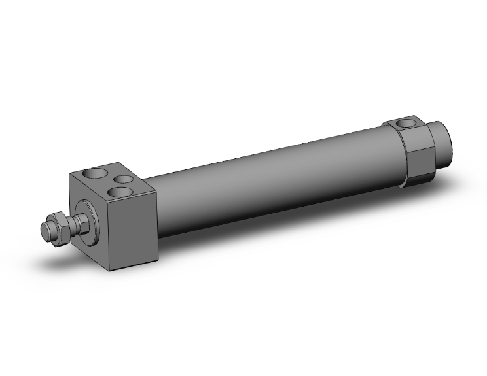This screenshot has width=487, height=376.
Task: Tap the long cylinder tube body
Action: click(275, 184)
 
